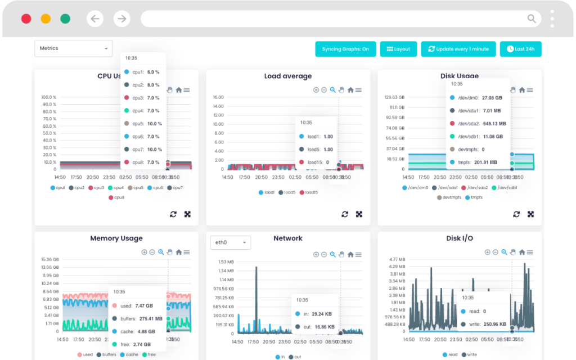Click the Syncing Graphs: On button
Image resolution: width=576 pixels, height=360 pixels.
(x=345, y=49)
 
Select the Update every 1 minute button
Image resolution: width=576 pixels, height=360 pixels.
(x=459, y=49)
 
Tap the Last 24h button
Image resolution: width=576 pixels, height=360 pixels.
(x=520, y=49)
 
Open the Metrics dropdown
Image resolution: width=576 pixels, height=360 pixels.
(x=73, y=48)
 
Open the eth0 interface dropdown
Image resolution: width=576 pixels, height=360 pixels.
(x=230, y=242)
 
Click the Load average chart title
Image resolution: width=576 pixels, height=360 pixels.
(x=288, y=76)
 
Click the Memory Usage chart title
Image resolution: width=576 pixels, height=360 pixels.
(x=116, y=238)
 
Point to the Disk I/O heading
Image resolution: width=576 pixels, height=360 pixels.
(x=460, y=238)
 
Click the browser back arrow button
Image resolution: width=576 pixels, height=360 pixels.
(x=95, y=19)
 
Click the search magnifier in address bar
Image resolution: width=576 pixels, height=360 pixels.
(x=532, y=19)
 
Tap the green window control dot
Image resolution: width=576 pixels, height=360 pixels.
(x=65, y=19)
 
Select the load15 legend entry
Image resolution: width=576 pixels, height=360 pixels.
(x=309, y=192)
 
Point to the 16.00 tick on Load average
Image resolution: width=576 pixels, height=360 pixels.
(x=218, y=97)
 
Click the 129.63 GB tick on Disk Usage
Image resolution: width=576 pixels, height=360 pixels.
(x=394, y=97)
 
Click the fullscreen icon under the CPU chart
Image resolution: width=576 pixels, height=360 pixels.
(x=187, y=214)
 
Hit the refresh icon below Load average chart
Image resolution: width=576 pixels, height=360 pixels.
(x=345, y=214)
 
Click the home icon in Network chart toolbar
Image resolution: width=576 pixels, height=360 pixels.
(x=350, y=254)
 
